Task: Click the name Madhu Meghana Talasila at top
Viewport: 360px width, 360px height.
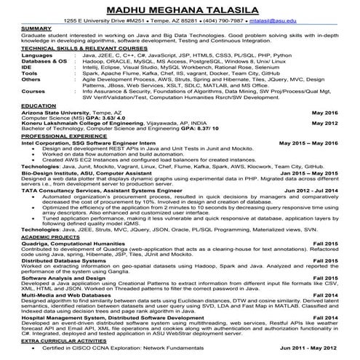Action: [x=180, y=8]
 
